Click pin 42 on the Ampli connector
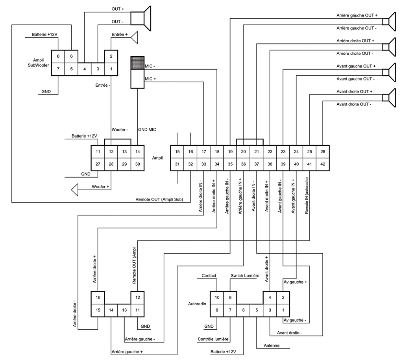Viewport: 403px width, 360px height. click(323, 164)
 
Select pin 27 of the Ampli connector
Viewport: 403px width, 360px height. click(98, 164)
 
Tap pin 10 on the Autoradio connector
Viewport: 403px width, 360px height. click(217, 298)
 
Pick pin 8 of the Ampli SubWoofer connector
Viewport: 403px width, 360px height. click(58, 56)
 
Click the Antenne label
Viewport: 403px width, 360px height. click(272, 346)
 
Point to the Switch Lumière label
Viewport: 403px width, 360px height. click(244, 276)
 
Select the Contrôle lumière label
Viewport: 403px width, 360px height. click(213, 339)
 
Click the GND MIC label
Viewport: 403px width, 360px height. click(148, 130)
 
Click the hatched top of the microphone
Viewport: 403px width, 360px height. click(137, 63)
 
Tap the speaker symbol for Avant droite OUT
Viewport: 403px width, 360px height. click(392, 98)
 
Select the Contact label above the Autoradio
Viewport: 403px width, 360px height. click(209, 276)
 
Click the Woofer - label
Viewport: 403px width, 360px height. click(120, 130)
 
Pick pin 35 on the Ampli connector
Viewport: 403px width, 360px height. click(230, 164)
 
